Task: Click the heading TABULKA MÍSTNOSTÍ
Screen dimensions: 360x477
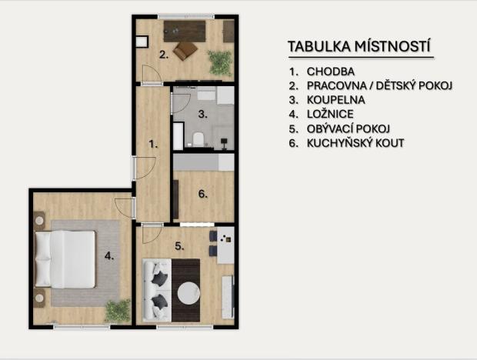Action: (x=359, y=47)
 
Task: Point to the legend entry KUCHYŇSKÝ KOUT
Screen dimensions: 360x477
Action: (x=355, y=143)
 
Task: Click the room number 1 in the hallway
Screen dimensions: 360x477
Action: (x=152, y=143)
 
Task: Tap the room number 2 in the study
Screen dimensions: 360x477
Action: (x=163, y=55)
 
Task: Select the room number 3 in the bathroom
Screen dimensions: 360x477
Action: (x=202, y=114)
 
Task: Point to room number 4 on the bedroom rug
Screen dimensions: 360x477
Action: (x=108, y=257)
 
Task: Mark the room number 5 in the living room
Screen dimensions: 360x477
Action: (x=178, y=246)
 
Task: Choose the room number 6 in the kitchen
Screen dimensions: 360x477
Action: (x=202, y=194)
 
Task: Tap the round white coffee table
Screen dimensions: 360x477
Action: (x=188, y=293)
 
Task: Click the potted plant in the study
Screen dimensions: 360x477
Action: (x=220, y=62)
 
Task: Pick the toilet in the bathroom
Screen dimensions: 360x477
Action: (x=198, y=139)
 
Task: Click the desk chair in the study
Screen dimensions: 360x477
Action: (x=185, y=51)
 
